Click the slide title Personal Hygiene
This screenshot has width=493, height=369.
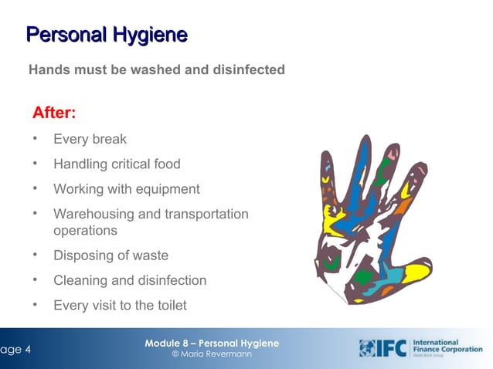[x=107, y=35]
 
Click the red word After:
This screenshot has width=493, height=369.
[x=53, y=113]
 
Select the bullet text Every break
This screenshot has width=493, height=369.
[x=90, y=140]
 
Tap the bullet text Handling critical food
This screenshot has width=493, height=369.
[x=117, y=164]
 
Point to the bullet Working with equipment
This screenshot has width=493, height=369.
[x=126, y=189]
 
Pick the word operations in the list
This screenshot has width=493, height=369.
[x=85, y=231]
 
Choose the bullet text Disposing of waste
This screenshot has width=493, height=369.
[x=110, y=256]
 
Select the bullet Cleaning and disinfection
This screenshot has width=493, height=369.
[x=130, y=280]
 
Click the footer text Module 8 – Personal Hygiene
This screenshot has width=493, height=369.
[x=212, y=343]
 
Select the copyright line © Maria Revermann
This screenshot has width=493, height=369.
[x=212, y=354]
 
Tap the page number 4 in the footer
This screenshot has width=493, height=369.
[x=27, y=349]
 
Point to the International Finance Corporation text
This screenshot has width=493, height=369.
[x=448, y=347]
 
